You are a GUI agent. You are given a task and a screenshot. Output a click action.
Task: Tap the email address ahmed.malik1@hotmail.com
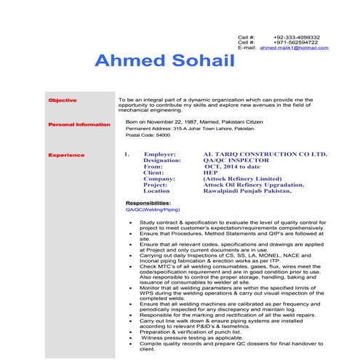click(294, 48)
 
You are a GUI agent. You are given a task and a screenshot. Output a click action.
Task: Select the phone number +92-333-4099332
click(296, 37)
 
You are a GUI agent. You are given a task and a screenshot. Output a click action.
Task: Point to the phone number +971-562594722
click(296, 42)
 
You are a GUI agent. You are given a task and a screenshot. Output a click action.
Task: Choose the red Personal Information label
click(79, 125)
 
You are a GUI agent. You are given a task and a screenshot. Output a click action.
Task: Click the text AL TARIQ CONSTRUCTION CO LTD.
click(265, 155)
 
